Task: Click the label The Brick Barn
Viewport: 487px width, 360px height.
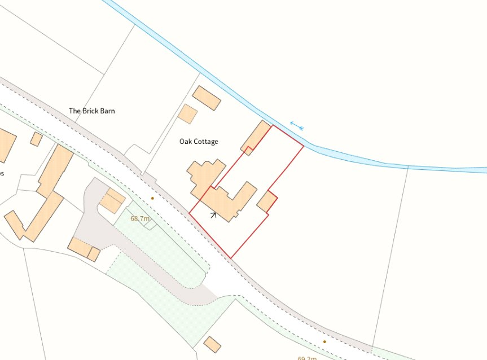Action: (x=91, y=111)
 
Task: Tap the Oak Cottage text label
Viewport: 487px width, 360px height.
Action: (x=199, y=142)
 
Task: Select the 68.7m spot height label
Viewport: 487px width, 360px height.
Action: (x=141, y=218)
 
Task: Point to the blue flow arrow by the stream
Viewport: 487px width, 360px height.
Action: (x=297, y=125)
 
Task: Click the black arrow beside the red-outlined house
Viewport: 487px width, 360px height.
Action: (x=213, y=214)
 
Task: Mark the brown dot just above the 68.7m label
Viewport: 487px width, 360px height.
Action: (x=152, y=198)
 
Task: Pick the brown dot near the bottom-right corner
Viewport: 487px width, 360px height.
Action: (x=324, y=341)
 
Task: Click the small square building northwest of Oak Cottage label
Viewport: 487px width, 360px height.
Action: (x=187, y=113)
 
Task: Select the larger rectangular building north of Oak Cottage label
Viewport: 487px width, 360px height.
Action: (x=206, y=98)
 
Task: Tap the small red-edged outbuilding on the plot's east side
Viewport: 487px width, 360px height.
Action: (x=267, y=201)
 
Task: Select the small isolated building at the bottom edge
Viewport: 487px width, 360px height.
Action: (x=212, y=344)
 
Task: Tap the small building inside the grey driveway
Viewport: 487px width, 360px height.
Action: (x=112, y=200)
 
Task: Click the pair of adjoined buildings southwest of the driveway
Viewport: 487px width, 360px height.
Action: (x=84, y=249)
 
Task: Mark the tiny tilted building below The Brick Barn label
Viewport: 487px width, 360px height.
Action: (x=36, y=139)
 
